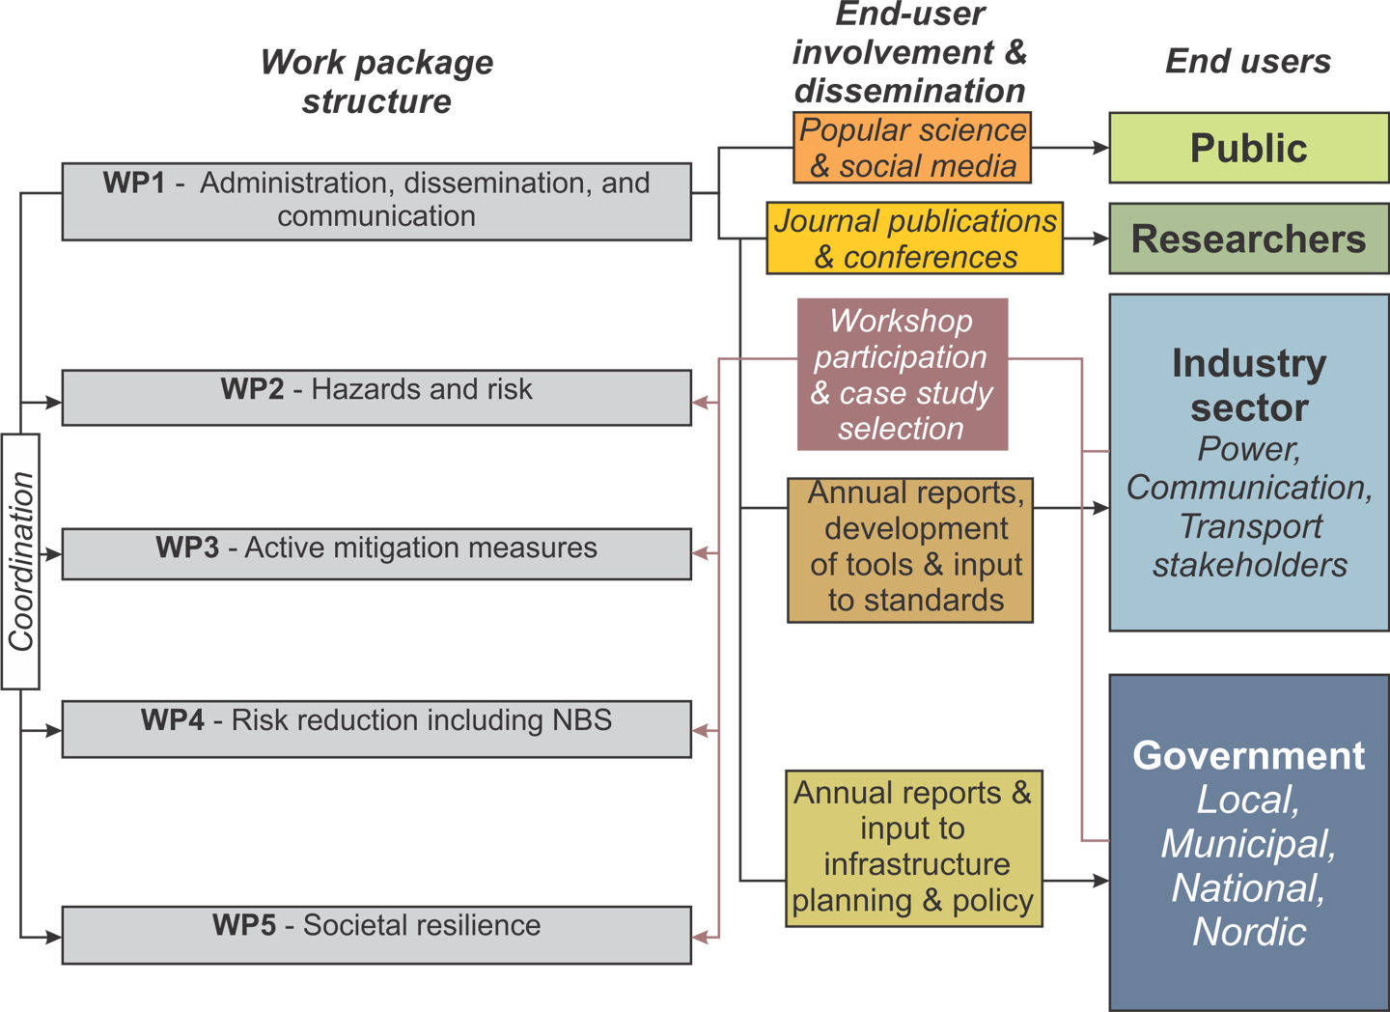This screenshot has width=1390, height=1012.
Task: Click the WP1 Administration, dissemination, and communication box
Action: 376,201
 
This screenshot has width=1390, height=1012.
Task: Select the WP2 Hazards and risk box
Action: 376,397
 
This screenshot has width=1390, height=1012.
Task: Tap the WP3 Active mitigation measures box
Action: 376,553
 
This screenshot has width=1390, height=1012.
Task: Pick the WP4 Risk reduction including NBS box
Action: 376,729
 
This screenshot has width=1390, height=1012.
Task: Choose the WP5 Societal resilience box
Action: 376,934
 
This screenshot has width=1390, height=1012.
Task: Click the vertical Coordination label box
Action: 21,561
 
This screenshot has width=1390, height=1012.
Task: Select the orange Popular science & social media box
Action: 912,148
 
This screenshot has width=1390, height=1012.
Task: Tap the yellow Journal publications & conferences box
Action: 914,239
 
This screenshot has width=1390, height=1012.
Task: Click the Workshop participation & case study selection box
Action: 902,375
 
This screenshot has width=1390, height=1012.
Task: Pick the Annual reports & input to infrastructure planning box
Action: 913,848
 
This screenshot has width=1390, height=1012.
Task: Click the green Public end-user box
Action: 1248,148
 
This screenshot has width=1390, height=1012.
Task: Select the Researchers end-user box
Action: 1248,239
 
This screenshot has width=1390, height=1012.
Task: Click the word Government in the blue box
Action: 1248,755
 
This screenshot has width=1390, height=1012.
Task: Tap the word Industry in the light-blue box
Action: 1248,363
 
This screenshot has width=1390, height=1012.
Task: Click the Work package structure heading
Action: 376,81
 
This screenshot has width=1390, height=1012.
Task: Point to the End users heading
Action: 1248,61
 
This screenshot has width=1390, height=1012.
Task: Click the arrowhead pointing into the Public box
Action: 1099,148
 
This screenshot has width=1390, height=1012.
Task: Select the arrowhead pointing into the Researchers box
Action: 1099,238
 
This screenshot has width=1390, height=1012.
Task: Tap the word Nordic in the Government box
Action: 1249,932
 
